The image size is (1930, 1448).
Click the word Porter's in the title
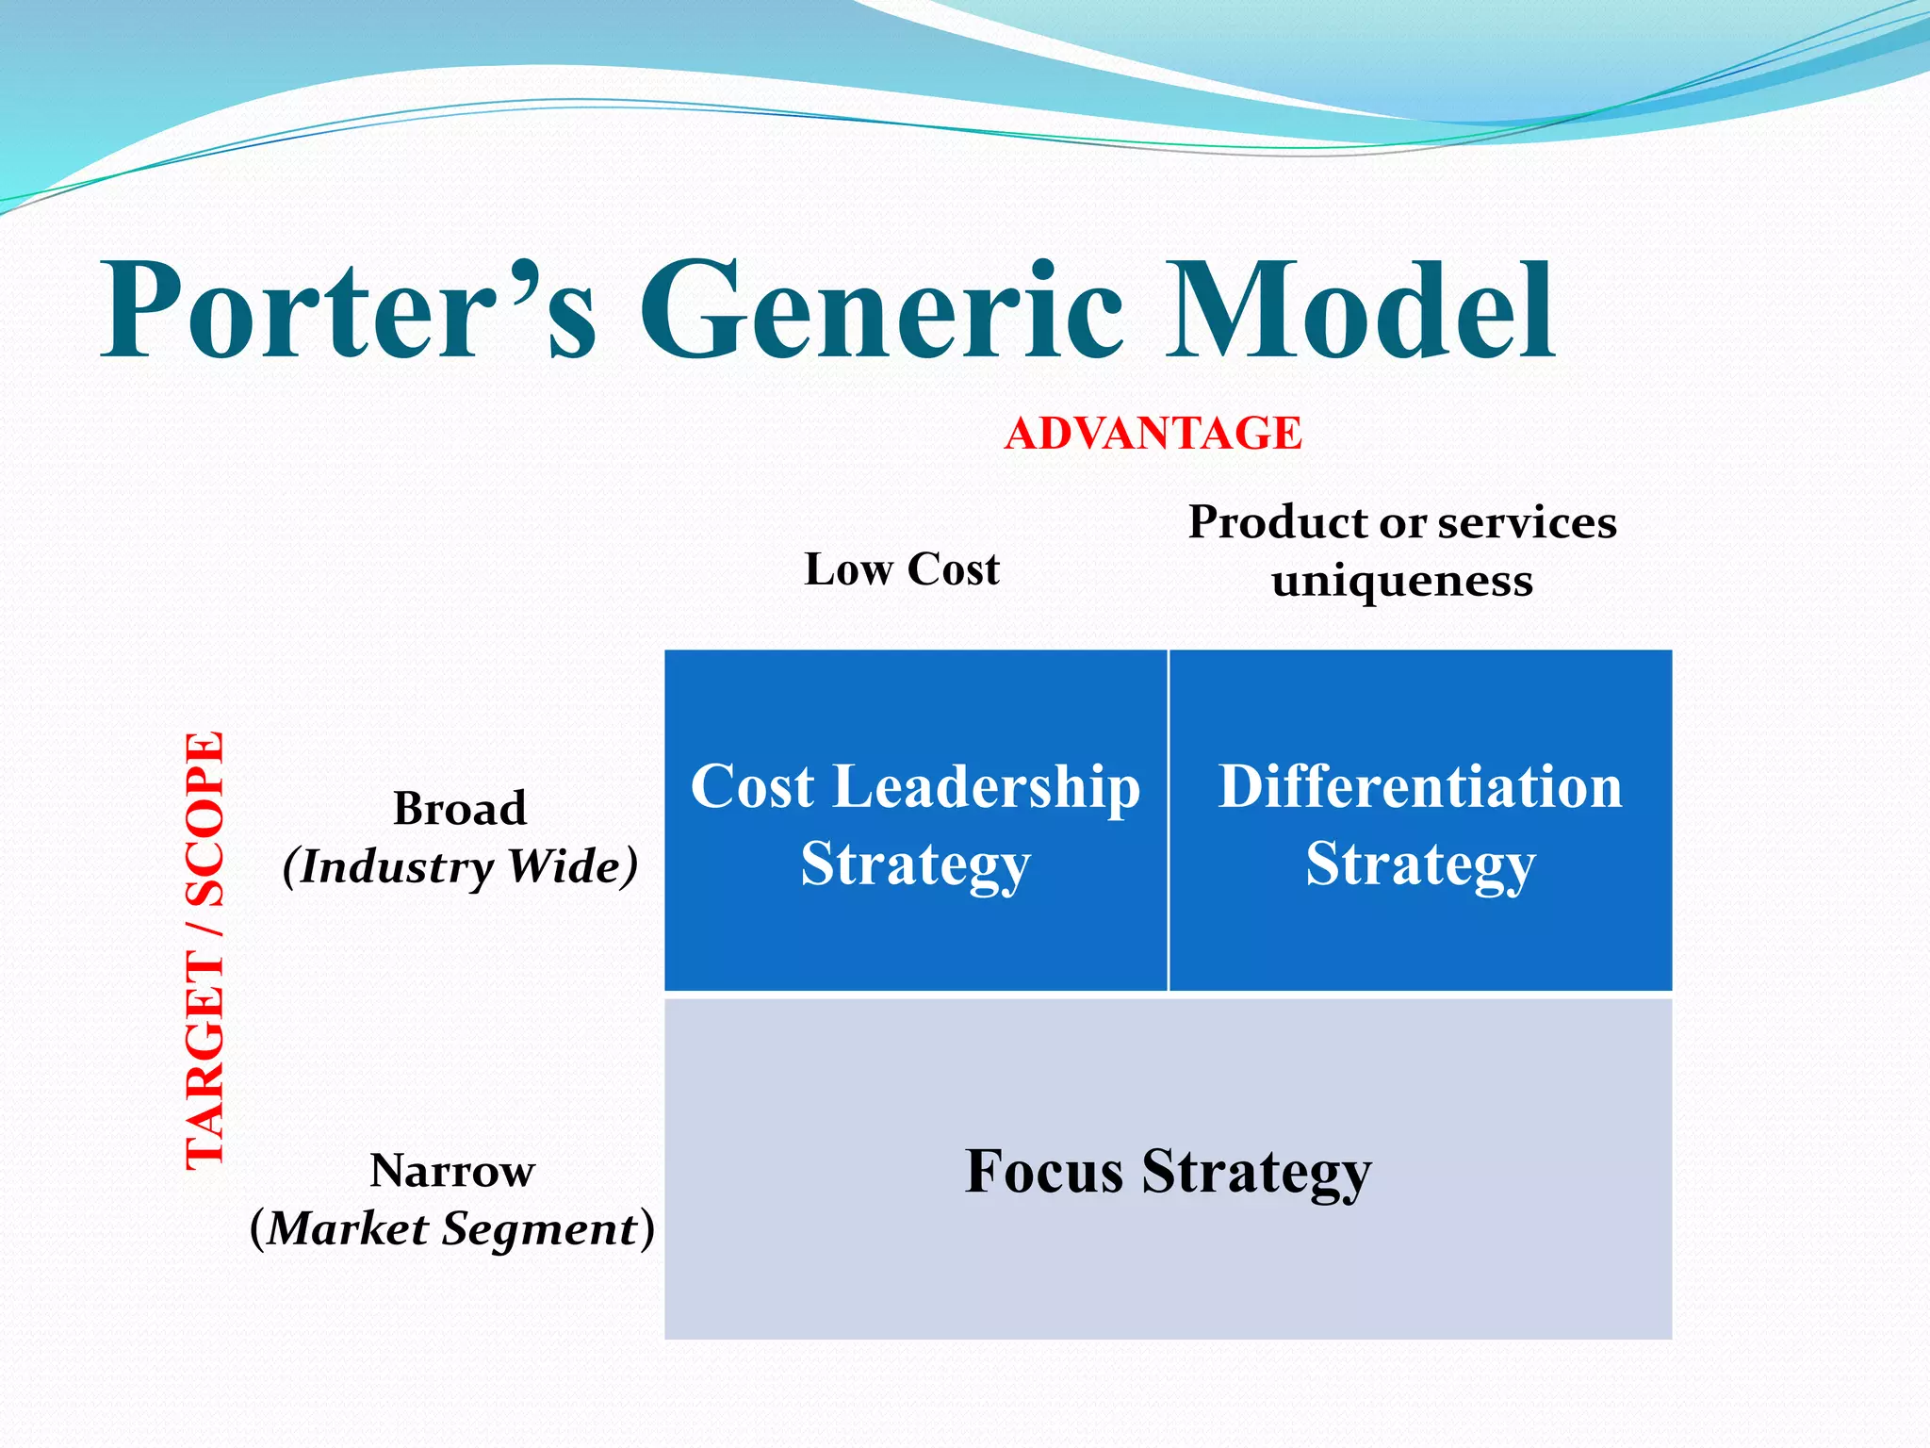coord(349,311)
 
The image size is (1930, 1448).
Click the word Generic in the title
coord(881,311)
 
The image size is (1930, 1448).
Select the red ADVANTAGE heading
coord(1153,434)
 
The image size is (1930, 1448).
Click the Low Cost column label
coord(902,569)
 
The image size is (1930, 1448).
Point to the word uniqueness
coord(1401,581)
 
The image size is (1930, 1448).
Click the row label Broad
coord(459,809)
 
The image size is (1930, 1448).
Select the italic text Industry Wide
coord(460,866)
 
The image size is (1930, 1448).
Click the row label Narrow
coord(452,1171)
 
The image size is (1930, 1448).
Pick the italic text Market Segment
coord(452,1229)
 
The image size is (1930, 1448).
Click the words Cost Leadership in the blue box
coord(915,787)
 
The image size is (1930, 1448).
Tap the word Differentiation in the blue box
coord(1420,787)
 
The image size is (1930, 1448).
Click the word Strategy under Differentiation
coord(1420,864)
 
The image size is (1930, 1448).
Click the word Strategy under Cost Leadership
coord(915,864)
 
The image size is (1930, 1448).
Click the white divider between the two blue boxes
coord(1169,820)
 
